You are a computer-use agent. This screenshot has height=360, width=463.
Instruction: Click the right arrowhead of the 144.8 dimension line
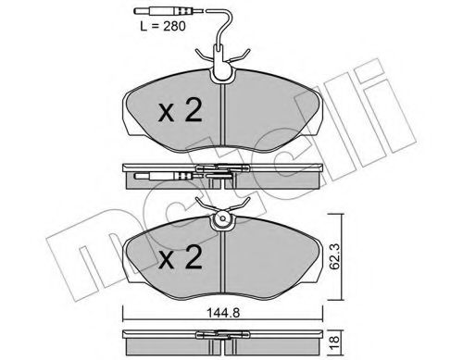(x=324, y=310)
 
